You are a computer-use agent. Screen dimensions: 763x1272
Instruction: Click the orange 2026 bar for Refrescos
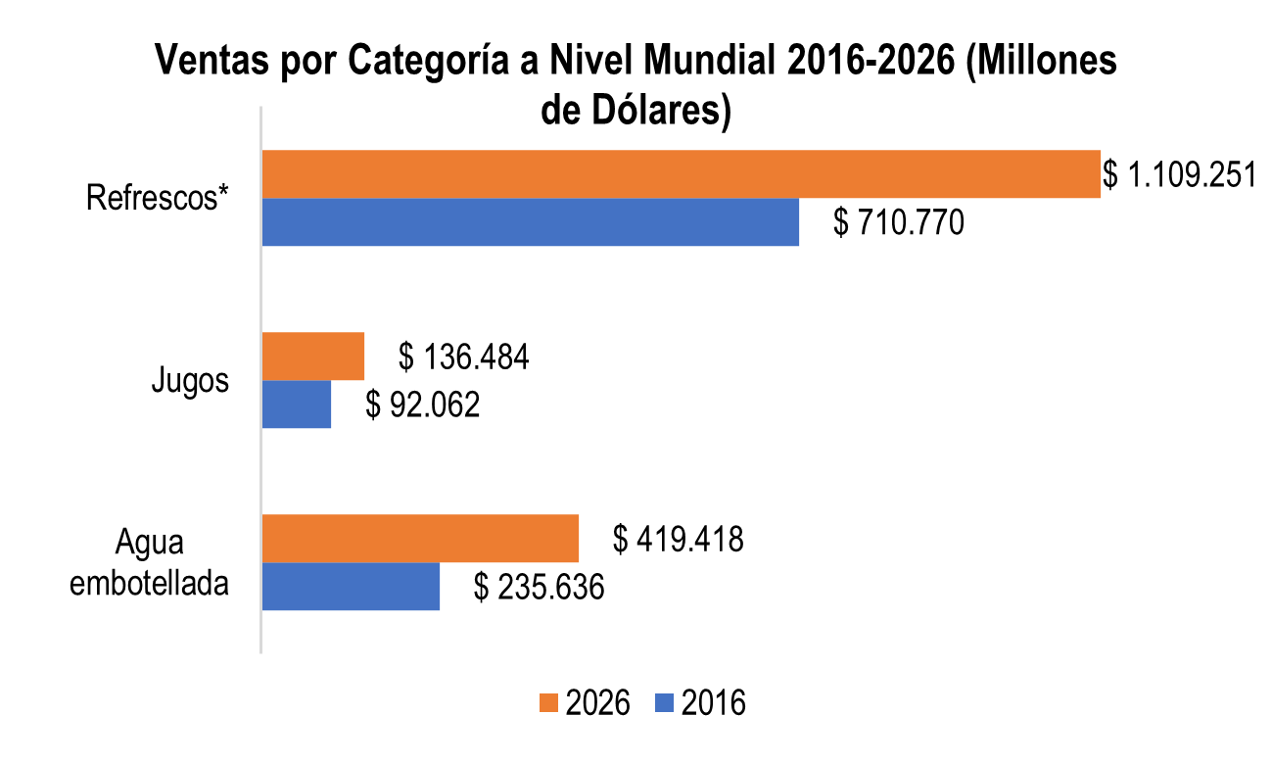point(681,174)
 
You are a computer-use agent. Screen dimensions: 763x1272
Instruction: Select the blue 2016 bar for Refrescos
point(530,222)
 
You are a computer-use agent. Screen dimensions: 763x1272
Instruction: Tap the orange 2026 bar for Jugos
point(313,357)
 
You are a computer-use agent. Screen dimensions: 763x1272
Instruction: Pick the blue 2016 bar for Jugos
point(297,405)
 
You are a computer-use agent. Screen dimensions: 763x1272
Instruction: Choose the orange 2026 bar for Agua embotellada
point(420,538)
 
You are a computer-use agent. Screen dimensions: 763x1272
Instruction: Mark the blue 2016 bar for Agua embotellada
point(351,586)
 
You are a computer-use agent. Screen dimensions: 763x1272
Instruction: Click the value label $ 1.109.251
point(1179,175)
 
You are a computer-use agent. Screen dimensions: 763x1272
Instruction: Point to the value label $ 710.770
point(899,223)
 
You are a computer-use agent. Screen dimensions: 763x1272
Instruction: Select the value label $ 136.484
point(463,358)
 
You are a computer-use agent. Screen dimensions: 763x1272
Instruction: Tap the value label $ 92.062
point(423,405)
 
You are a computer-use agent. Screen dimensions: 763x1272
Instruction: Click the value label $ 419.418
point(678,539)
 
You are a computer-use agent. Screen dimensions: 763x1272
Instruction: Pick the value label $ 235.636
point(539,587)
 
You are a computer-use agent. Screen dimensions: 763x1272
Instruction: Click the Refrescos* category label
point(158,198)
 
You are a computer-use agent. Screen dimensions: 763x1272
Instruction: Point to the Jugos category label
point(191,380)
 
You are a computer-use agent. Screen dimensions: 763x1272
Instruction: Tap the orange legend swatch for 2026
point(547,703)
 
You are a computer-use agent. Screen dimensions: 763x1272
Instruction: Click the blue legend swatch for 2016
point(665,703)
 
